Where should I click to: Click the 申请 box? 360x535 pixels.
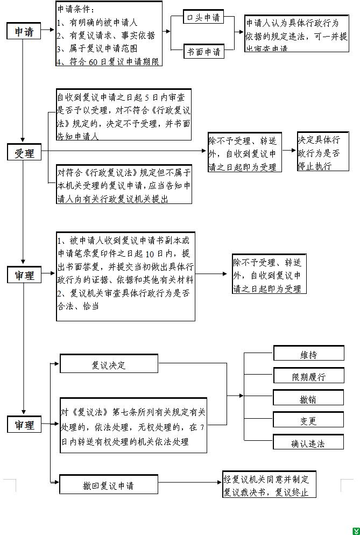24,32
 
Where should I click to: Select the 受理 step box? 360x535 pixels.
24,153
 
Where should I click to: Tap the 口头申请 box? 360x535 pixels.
203,18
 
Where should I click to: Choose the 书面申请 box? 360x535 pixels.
203,52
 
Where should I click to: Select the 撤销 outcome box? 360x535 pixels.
308,399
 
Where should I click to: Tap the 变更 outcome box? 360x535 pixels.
308,421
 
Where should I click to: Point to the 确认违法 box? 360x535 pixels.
308,443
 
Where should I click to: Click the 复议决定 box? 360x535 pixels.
109,364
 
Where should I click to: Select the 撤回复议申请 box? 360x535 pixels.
108,485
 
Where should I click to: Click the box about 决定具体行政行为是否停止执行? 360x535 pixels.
323,152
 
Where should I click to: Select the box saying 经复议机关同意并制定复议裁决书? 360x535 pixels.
270,485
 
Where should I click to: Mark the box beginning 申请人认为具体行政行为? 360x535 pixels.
296,33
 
